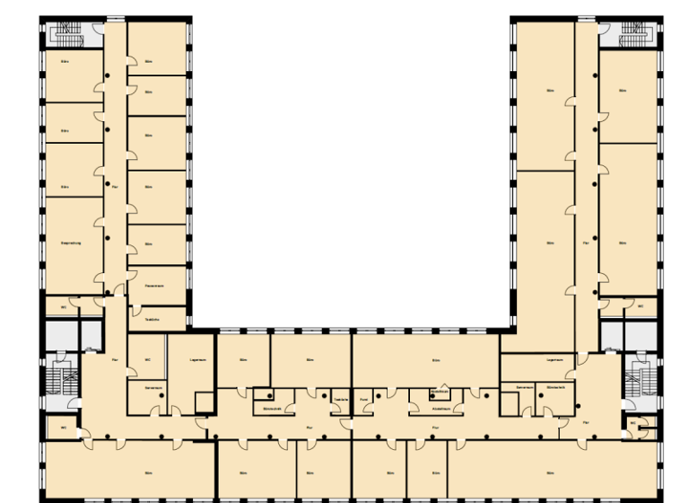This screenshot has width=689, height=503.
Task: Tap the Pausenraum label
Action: [153, 286]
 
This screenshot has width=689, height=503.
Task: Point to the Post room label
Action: [364, 399]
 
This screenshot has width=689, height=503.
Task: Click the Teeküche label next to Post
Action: [340, 399]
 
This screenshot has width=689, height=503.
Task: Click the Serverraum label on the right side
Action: [525, 386]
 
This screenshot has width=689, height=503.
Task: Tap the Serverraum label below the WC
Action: [153, 386]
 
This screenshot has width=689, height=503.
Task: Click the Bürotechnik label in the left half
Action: [273, 407]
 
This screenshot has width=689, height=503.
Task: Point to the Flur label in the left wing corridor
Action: [115, 187]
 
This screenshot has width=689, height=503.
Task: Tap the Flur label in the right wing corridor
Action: [586, 243]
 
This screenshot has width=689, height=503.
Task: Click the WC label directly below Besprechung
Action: [63, 306]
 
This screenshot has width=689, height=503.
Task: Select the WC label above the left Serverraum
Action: [147, 361]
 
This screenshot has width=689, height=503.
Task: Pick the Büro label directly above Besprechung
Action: [65, 187]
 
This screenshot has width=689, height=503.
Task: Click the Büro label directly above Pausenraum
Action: [149, 243]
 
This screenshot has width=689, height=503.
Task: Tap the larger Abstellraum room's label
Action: [440, 407]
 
